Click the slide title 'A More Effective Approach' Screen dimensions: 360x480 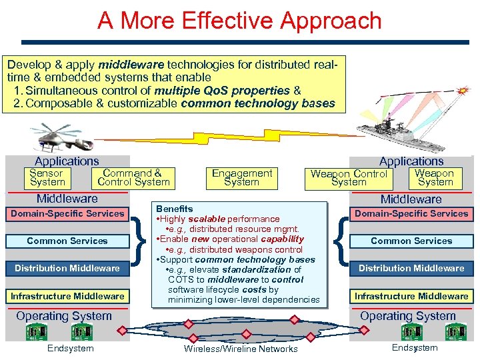tap(239, 21)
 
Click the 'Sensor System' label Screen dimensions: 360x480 tap(47, 177)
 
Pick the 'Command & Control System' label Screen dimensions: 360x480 tap(133, 177)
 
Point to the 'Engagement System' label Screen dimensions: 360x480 tap(241, 177)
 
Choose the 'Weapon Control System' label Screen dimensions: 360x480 tap(349, 177)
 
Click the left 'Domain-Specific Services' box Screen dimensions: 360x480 tap(67, 213)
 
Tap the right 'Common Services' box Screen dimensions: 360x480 tap(411, 241)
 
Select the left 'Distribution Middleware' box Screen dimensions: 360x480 tap(67, 268)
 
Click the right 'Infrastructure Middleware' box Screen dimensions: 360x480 tap(411, 296)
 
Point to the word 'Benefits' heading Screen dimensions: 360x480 tap(174, 209)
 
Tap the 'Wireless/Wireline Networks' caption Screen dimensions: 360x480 tap(241, 349)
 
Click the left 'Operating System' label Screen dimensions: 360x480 tap(64, 315)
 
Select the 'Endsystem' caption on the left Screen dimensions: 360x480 tap(71, 348)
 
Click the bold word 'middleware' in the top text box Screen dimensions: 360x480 tap(131, 65)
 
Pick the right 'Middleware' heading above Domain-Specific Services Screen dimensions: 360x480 tap(411, 199)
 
